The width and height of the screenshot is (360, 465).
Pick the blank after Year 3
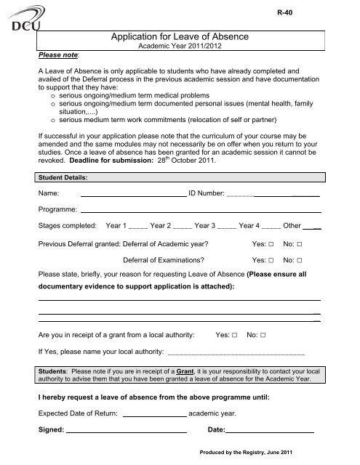pyautogui.click(x=248, y=227)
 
